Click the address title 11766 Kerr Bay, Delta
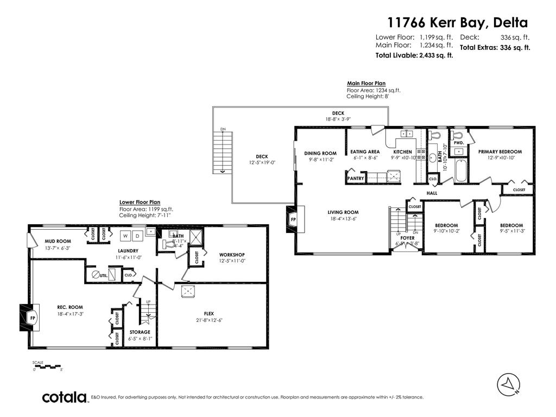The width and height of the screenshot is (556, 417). click(x=457, y=23)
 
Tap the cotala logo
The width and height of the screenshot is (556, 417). click(x=65, y=397)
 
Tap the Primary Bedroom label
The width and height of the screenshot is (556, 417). click(x=500, y=152)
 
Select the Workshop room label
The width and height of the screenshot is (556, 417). click(x=232, y=255)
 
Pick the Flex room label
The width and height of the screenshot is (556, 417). click(x=208, y=313)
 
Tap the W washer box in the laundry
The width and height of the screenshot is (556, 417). click(x=125, y=236)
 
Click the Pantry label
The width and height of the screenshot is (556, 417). click(x=356, y=178)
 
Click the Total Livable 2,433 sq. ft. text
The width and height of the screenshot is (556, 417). click(x=414, y=55)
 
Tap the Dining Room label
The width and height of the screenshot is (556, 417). click(x=320, y=153)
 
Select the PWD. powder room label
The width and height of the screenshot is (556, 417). click(x=459, y=143)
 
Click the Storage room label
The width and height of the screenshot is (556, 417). click(x=140, y=332)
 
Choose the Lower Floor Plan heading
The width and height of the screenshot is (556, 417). click(x=140, y=202)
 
